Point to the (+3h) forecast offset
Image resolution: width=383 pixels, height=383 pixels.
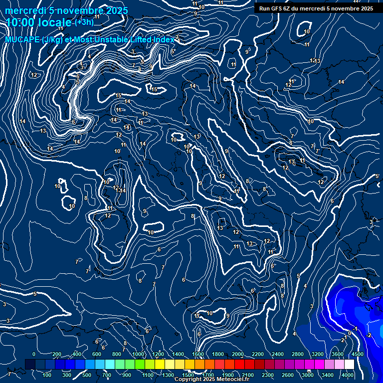click(83, 23)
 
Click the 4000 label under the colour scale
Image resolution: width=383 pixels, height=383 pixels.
click(348, 375)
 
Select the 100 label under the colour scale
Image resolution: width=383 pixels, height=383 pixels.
click(47, 375)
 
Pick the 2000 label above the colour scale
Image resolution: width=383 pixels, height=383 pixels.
click(238, 354)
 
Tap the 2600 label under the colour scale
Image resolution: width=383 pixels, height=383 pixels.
click(288, 375)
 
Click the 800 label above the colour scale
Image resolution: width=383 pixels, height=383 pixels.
click(117, 354)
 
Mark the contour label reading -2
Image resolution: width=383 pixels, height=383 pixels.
click(369, 335)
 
